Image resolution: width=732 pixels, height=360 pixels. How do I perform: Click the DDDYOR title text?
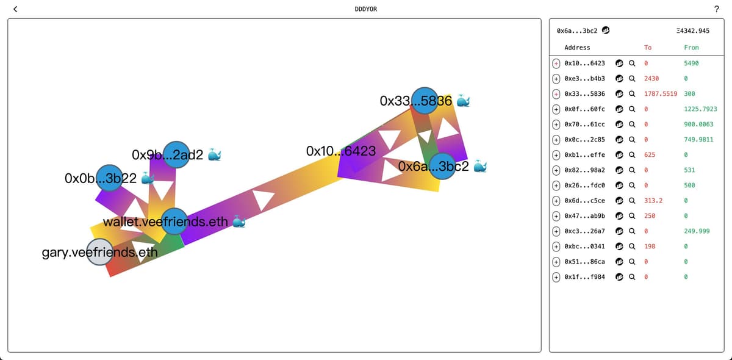point(366,9)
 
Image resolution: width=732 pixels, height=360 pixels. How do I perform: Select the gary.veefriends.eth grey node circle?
point(100,252)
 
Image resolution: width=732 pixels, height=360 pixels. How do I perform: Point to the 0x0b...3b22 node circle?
point(110,178)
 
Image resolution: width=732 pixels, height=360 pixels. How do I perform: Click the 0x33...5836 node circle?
point(425,101)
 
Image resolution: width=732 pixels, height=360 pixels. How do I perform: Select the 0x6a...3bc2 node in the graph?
point(442,166)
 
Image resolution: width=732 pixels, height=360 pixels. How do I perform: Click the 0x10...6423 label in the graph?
point(341,150)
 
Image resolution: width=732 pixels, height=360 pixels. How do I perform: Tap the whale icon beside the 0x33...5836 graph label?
point(464,101)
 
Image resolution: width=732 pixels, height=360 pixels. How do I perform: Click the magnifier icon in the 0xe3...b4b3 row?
point(632,78)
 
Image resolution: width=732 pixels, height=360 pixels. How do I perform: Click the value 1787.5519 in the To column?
point(661,93)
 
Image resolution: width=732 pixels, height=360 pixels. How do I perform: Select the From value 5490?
point(691,63)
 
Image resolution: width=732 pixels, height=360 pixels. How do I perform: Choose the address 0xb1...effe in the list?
point(584,154)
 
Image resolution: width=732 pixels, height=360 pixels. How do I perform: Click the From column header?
point(691,48)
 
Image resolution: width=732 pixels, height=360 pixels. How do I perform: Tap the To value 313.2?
point(653,200)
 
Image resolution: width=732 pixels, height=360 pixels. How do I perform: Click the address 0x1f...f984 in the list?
point(584,276)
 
